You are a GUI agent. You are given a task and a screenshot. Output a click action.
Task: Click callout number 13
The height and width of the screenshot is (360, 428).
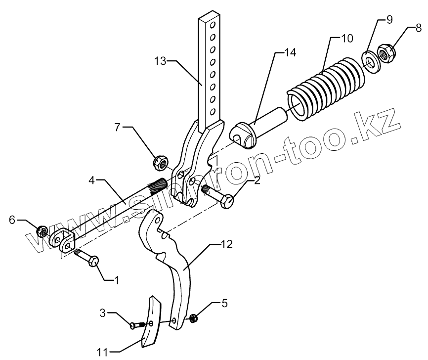click(x=161, y=61)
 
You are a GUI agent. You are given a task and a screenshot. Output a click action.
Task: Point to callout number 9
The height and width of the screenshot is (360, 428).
click(x=388, y=19)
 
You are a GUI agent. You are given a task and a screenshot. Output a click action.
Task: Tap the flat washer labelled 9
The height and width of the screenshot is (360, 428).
click(x=369, y=58)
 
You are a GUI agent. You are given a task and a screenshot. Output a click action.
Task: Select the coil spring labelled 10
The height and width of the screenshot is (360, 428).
click(x=326, y=89)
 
